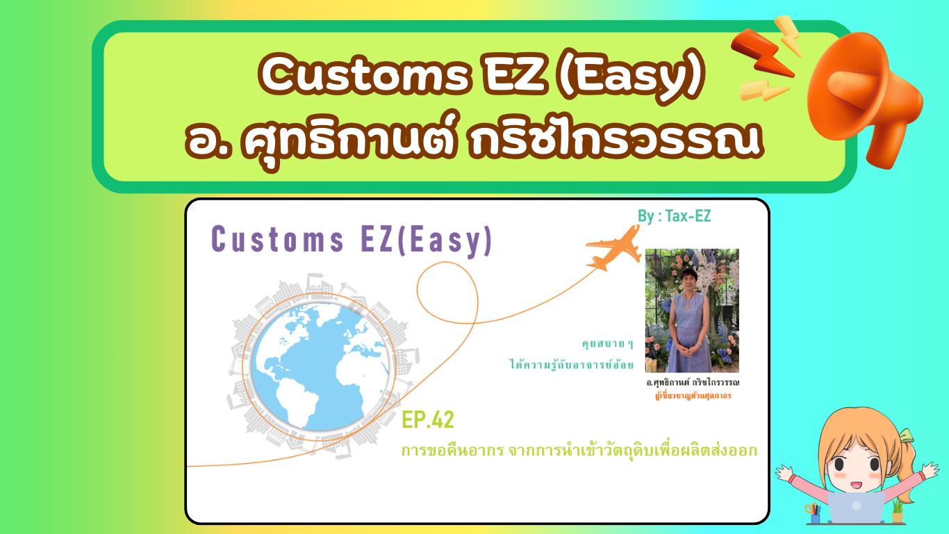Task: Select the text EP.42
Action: tap(428, 421)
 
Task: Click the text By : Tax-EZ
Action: tap(674, 216)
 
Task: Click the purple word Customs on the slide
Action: tap(278, 241)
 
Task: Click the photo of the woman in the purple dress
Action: tap(691, 310)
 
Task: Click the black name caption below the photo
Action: tap(692, 383)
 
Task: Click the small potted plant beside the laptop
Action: tap(898, 510)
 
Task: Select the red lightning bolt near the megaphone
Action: tap(761, 52)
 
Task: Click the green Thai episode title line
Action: tap(579, 451)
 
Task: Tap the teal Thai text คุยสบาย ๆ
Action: tap(608, 343)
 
